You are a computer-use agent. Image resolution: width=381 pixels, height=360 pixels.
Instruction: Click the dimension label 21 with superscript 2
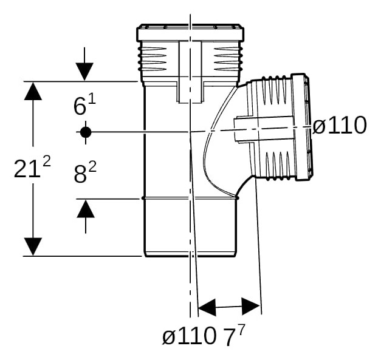(32, 167)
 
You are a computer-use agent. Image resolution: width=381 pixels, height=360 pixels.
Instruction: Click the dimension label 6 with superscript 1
(84, 104)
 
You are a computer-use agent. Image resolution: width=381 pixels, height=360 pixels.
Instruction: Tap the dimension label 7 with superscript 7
(233, 335)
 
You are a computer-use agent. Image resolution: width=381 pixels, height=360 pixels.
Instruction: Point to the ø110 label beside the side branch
(339, 125)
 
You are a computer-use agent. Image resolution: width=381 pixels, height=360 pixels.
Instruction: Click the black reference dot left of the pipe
(86, 132)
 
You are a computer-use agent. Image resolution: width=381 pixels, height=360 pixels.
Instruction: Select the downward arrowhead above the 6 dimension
(84, 72)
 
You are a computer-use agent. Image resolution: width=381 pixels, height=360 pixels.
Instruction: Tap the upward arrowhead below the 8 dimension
(86, 208)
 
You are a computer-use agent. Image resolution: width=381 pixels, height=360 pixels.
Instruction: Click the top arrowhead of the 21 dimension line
(33, 91)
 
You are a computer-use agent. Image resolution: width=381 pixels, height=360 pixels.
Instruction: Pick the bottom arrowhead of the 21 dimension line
(33, 246)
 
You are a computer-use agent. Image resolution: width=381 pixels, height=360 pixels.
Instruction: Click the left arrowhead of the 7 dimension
(207, 308)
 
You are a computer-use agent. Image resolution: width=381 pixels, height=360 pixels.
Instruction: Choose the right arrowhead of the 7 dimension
(251, 307)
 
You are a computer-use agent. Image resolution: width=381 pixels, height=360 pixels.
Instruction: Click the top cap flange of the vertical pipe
(190, 33)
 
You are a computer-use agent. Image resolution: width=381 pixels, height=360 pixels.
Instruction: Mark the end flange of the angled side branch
(302, 127)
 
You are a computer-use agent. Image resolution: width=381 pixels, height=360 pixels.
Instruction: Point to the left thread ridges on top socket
(153, 59)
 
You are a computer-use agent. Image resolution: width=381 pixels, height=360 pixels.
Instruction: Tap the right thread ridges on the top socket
(228, 59)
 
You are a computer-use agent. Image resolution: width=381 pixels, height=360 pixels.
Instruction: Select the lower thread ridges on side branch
(279, 166)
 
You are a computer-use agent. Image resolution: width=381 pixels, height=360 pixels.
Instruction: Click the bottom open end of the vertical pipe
(191, 255)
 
